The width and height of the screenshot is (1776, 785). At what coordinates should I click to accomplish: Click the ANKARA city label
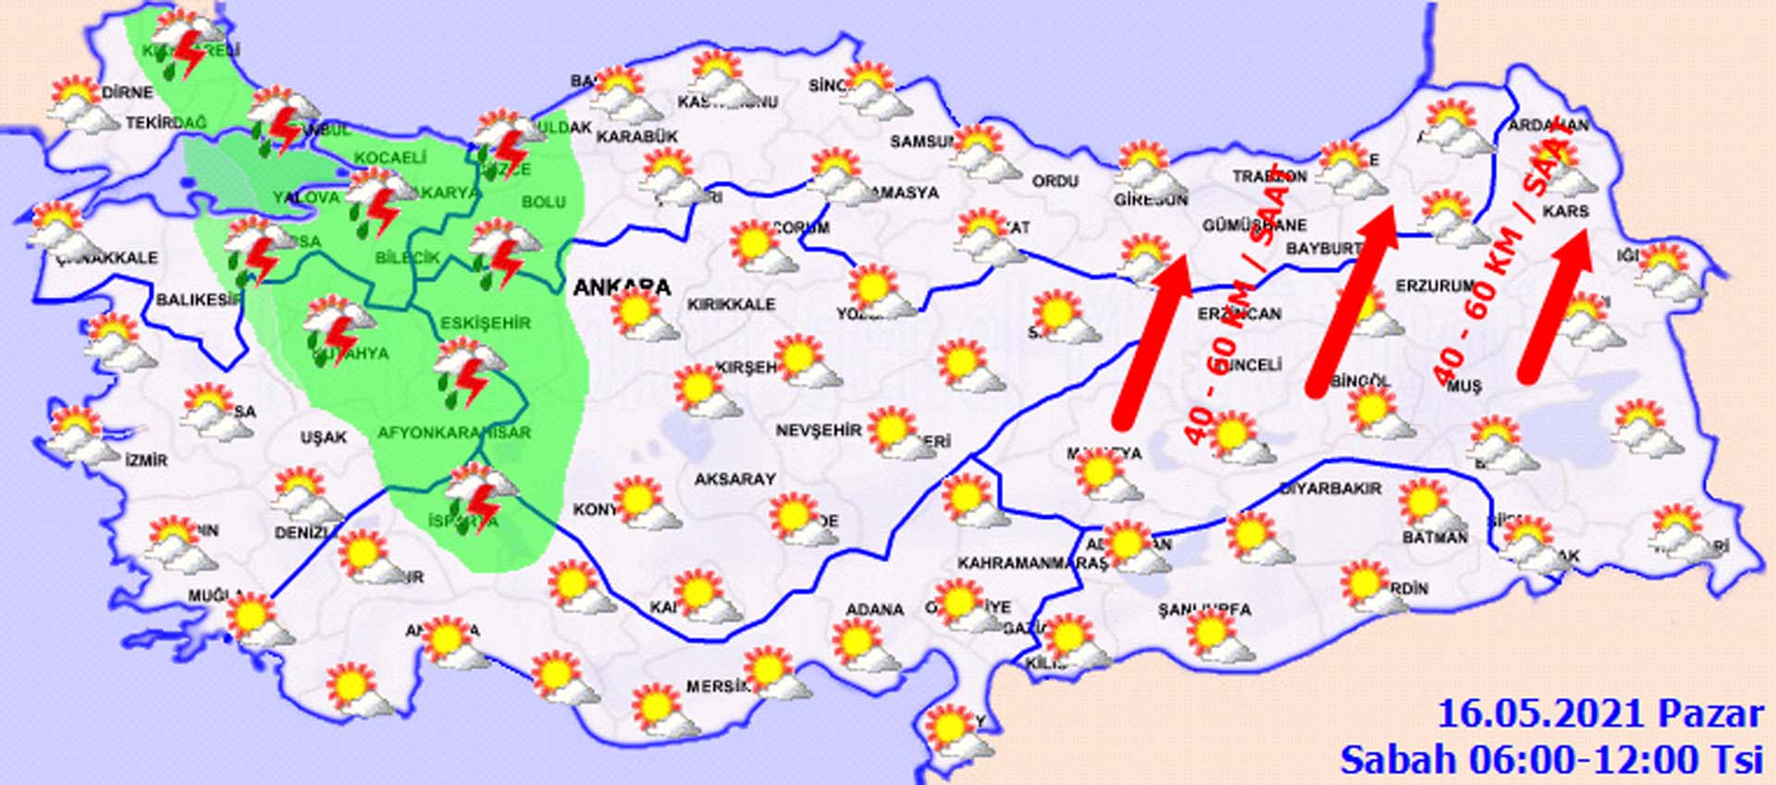click(621, 287)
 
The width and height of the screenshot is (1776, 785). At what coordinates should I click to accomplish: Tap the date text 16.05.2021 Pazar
click(1599, 715)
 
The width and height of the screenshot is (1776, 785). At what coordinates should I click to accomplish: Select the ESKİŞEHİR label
click(485, 323)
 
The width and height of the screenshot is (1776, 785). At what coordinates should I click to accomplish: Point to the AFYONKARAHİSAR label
click(453, 432)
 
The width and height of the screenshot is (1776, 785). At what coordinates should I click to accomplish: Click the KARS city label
click(1565, 211)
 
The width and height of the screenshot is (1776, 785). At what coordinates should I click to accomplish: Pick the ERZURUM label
click(1433, 287)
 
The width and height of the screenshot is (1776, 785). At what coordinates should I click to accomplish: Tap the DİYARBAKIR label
click(1329, 488)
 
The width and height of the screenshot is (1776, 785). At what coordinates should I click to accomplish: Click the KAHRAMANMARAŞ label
click(1031, 562)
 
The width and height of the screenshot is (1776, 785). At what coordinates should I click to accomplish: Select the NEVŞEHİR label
click(818, 431)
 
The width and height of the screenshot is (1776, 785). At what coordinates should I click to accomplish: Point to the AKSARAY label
click(734, 479)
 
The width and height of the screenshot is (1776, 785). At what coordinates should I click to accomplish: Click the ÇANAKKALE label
click(106, 258)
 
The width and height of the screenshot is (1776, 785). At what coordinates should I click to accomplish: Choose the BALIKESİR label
click(199, 300)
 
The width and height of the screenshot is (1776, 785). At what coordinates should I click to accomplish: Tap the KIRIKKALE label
click(731, 304)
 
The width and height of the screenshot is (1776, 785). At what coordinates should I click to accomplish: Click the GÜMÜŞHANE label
click(1254, 226)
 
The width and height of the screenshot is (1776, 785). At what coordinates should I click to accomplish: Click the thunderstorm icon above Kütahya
click(338, 327)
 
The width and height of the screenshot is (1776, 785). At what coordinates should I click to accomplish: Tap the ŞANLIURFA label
click(1203, 609)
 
